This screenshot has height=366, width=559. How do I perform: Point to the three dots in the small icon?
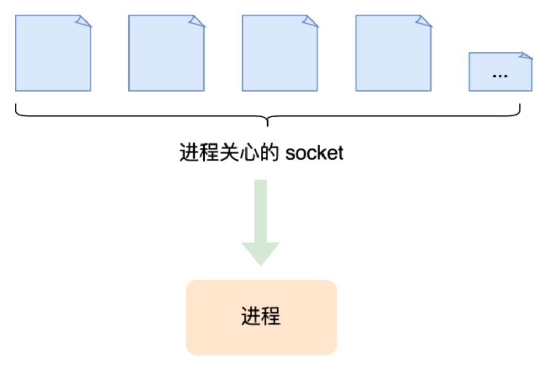tap(500, 76)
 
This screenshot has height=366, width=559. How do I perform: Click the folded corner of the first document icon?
tap(84, 20)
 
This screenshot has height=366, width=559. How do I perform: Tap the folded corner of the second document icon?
tap(198, 20)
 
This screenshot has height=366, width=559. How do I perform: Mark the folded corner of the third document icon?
tap(311, 20)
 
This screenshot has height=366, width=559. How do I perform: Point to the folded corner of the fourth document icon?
tap(425, 20)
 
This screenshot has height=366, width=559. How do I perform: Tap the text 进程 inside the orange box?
tap(261, 317)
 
